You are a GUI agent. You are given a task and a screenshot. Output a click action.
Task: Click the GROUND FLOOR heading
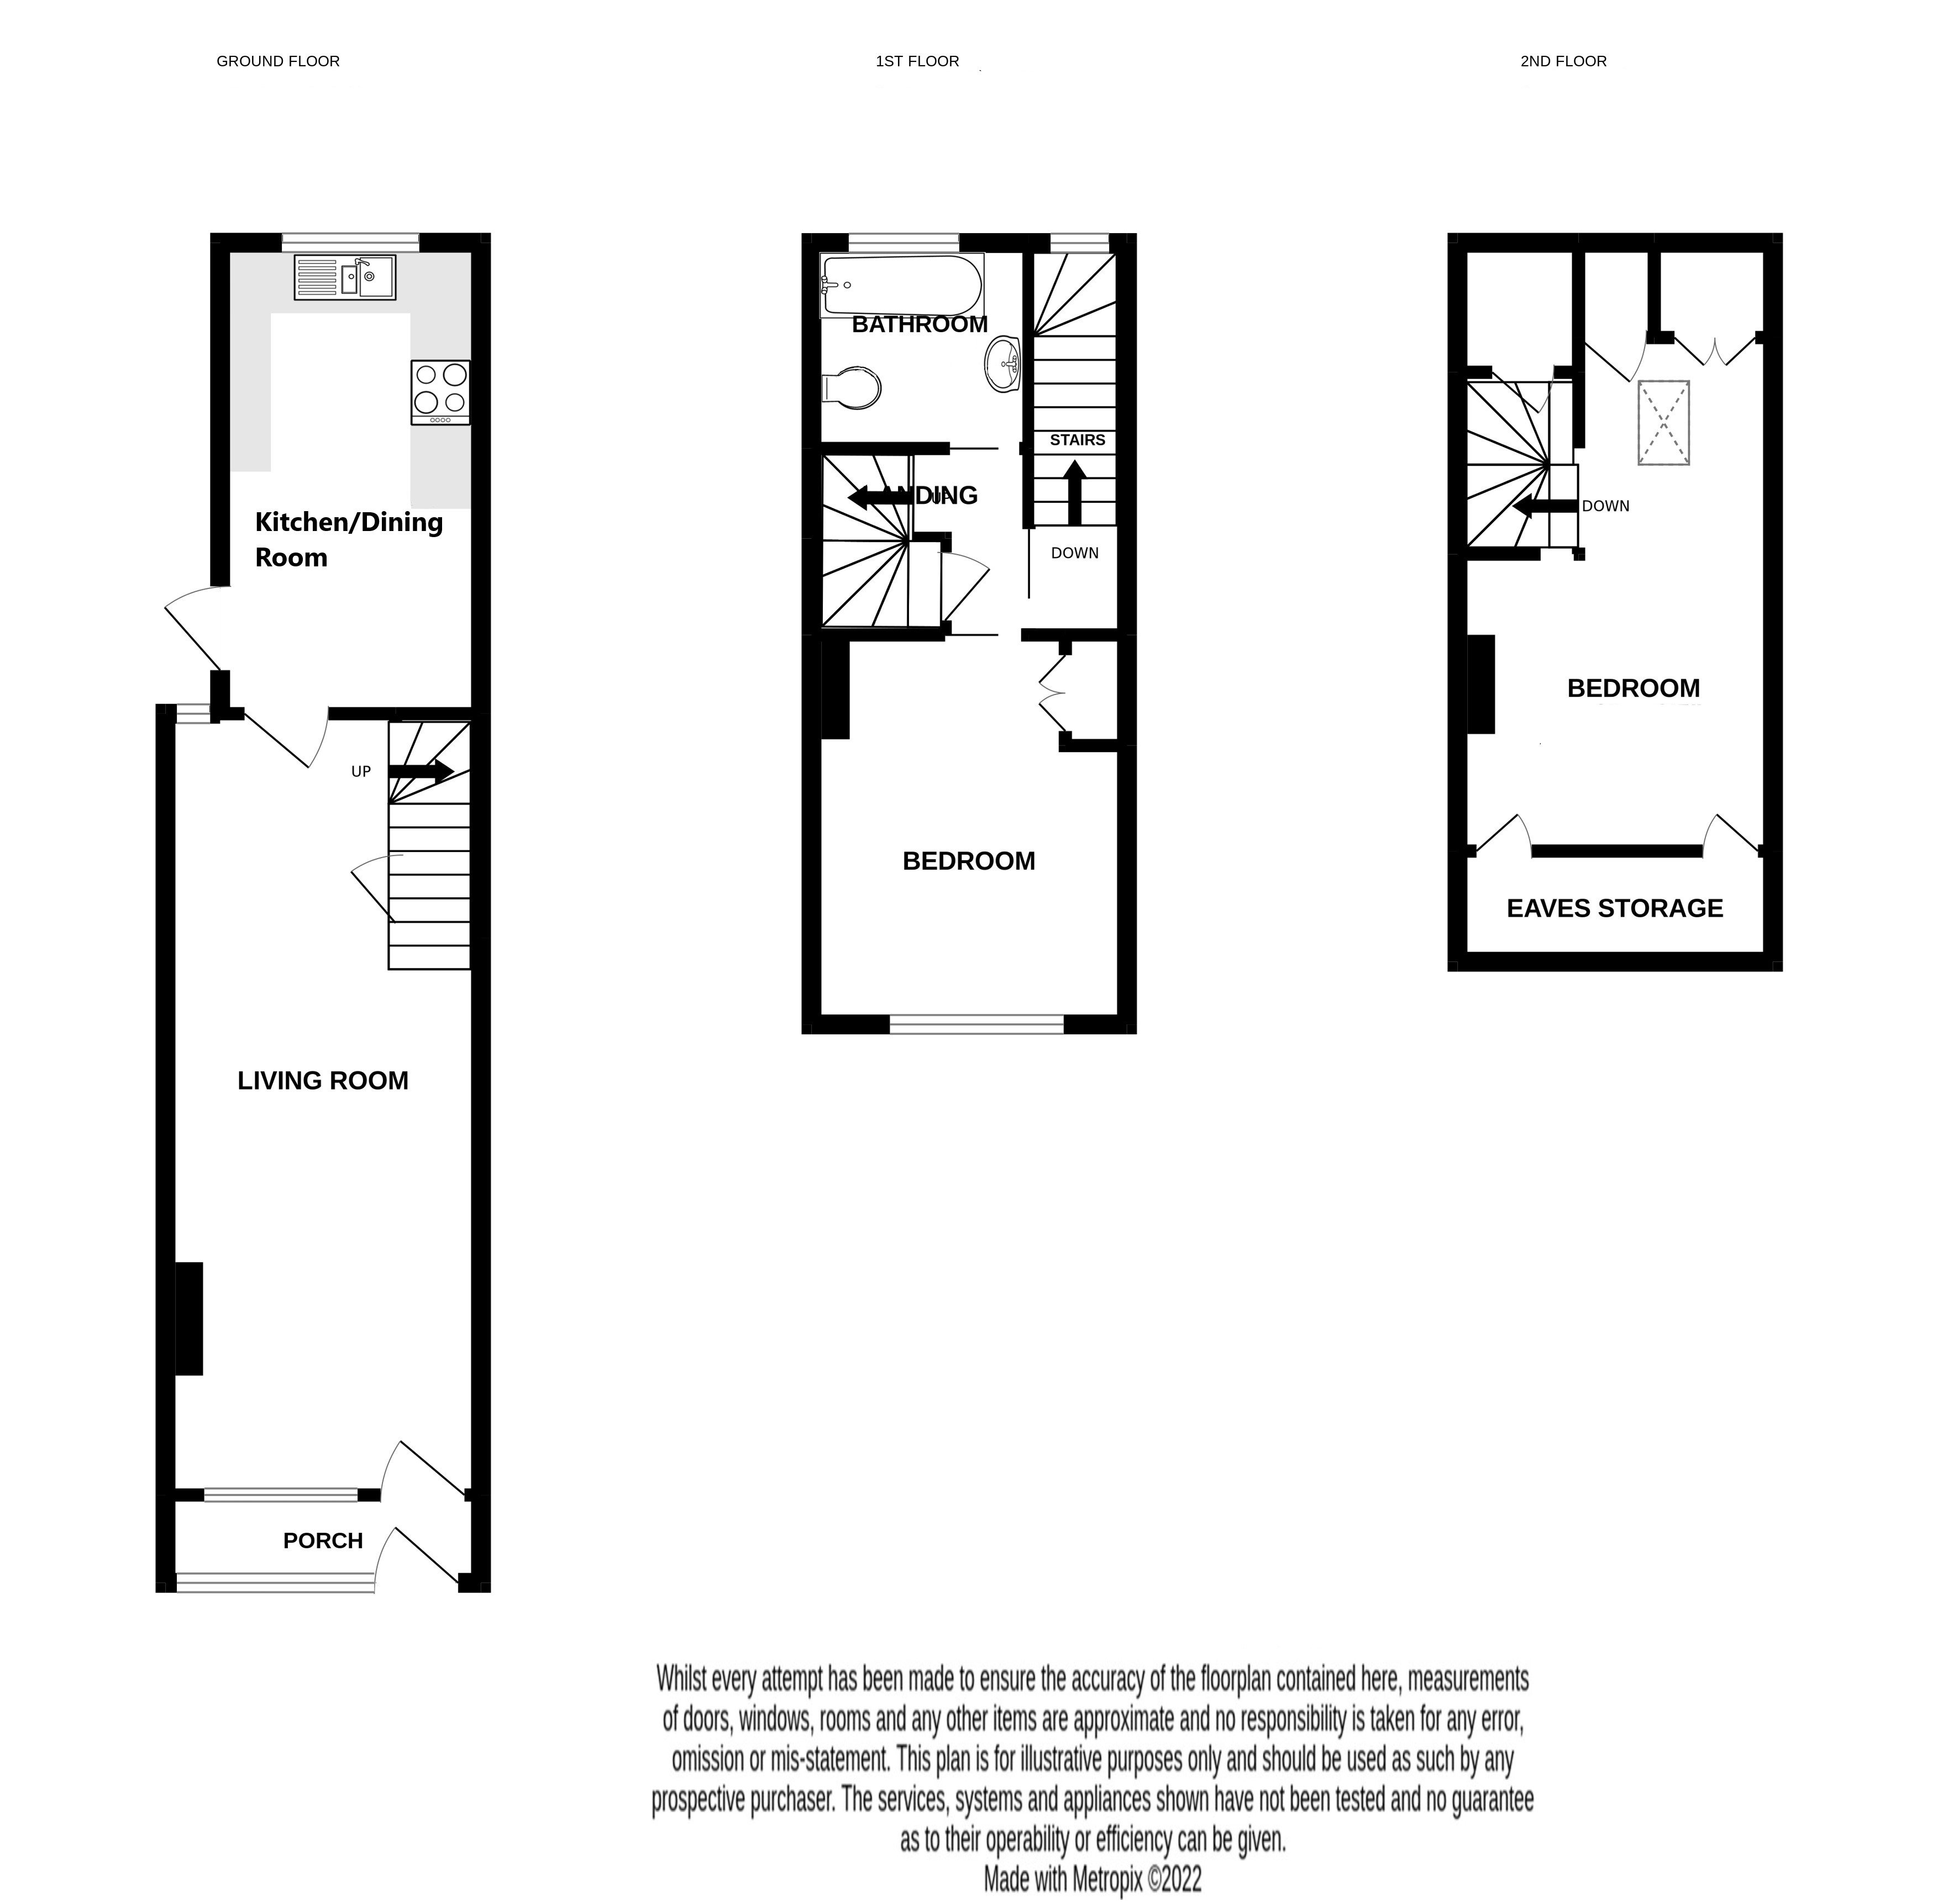coord(278,61)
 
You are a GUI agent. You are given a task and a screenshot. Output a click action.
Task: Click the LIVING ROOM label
coord(323,1080)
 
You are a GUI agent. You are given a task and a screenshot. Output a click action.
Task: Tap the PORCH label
coord(323,1540)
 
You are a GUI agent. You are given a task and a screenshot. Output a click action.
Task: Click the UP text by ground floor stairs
coord(361,771)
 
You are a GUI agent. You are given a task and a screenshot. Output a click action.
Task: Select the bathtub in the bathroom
coord(901,285)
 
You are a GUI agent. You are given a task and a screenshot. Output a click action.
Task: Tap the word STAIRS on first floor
coord(1076,440)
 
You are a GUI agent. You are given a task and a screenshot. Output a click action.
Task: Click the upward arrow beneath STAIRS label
coord(1074,492)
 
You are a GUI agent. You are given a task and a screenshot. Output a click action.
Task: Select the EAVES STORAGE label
coord(1614,907)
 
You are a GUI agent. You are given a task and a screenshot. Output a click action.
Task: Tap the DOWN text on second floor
coord(1605,506)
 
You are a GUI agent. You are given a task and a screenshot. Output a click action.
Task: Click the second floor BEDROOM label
coord(1632,687)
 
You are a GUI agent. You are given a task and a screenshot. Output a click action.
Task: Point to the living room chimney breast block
coord(189,1318)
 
